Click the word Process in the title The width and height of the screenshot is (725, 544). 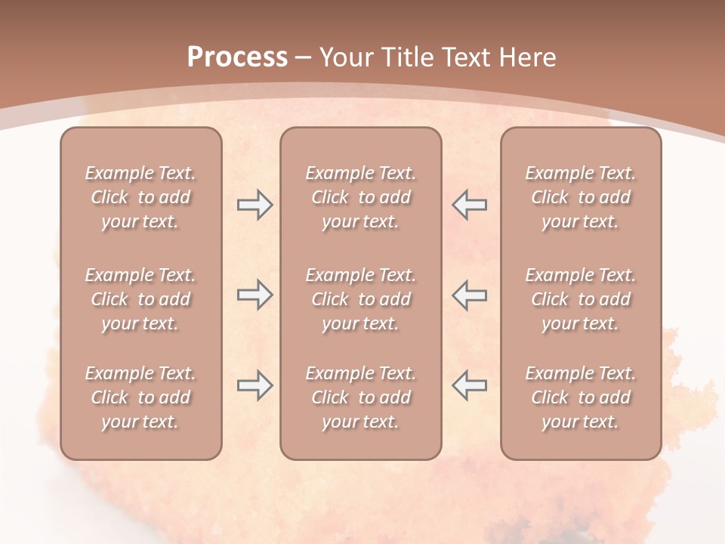pos(237,57)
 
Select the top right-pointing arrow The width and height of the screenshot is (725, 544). pos(255,205)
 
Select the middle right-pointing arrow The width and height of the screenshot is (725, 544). pos(255,295)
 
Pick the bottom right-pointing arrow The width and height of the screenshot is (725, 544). pos(255,385)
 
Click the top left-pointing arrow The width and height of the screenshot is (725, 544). pos(469,205)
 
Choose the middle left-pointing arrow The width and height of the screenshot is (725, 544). pos(469,295)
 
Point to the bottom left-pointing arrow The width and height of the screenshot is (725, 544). pos(469,385)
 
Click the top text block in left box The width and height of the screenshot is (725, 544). pos(140,197)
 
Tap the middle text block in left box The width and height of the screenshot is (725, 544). pos(140,299)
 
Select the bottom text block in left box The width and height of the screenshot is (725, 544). pos(140,397)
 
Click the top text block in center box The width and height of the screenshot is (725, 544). pos(360,197)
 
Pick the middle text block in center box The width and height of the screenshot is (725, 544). pos(360,299)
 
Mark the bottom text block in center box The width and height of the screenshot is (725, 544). pos(360,397)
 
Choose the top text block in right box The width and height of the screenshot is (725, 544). pos(580,197)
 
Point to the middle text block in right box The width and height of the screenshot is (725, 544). pos(580,299)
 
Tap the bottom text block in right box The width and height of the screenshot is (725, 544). pos(580,397)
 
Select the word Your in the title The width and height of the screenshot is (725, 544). pos(347,57)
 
